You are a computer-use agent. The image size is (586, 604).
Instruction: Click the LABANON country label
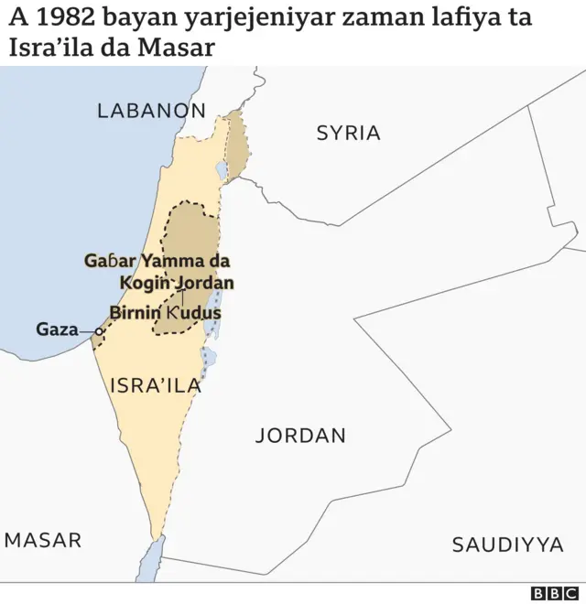pos(151,111)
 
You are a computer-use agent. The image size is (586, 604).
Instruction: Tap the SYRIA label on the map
pos(348,133)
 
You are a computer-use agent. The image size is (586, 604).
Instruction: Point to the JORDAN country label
pos(300,436)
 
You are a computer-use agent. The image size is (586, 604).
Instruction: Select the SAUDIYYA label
pos(507,545)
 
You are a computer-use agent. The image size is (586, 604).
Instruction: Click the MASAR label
pos(42,540)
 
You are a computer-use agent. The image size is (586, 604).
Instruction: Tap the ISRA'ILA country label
pos(155,385)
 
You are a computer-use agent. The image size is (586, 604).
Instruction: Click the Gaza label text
pos(57,329)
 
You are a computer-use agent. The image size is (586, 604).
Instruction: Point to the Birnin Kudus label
pos(166,313)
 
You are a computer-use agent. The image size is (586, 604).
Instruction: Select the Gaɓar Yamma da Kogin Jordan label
pos(158,272)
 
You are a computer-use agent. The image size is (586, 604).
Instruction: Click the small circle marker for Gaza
pos(99,331)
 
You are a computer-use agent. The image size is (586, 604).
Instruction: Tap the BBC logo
pos(554,593)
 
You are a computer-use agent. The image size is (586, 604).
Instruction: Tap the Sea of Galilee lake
pos(222,169)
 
